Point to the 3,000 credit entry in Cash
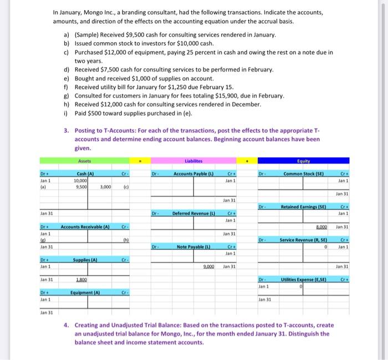point(107,172)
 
